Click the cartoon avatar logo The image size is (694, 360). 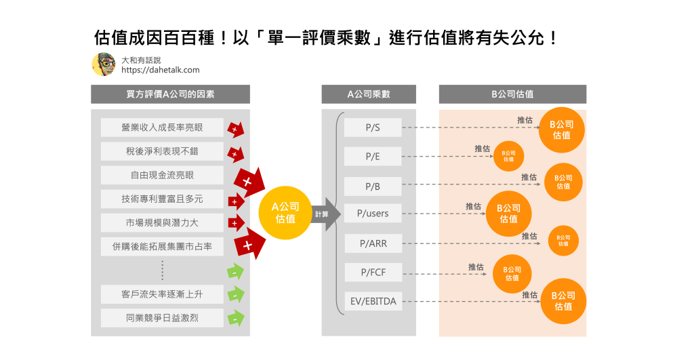point(103,64)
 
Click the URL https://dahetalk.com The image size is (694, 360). point(161,70)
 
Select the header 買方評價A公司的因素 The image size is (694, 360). point(170,94)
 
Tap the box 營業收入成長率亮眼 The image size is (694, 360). point(162,127)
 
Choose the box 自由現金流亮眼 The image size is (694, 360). point(162,175)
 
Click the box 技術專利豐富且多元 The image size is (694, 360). point(162,199)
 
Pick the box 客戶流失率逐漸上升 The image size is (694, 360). point(162,294)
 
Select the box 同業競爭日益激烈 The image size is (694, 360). point(162,318)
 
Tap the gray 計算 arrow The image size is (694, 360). point(324,214)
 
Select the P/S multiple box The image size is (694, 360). point(373,127)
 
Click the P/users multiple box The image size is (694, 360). point(373,214)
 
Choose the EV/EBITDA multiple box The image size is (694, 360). point(373,301)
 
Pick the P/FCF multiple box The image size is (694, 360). point(373,273)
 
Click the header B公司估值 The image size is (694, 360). point(512,94)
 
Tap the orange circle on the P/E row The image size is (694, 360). point(508,156)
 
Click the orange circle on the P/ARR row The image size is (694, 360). point(563,241)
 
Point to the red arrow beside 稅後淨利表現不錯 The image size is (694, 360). point(235,154)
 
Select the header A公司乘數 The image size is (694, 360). point(369,94)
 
